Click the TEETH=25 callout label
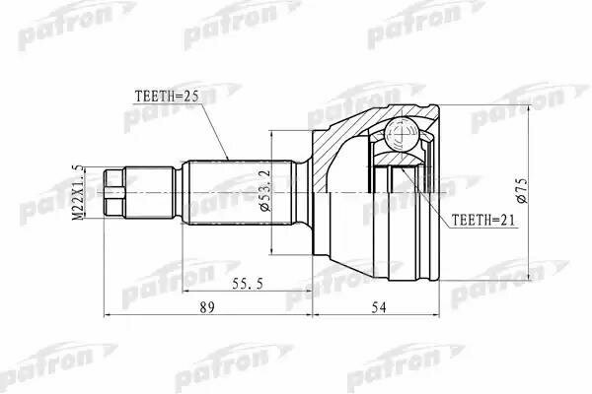[x=165, y=96]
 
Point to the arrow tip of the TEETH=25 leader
[x=228, y=160]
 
